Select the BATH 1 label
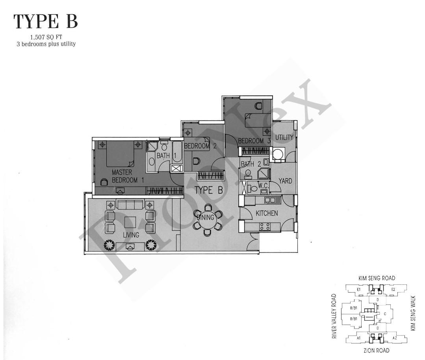(163, 156)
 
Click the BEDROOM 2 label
(200, 146)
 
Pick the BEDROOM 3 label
(254, 141)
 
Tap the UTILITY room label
(284, 137)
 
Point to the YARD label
(285, 181)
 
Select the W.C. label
(263, 185)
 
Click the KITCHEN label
(267, 213)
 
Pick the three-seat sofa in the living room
(130, 205)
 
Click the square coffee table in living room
(130, 222)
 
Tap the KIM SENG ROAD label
(377, 278)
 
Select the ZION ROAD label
(377, 350)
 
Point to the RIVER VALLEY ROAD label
(334, 316)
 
